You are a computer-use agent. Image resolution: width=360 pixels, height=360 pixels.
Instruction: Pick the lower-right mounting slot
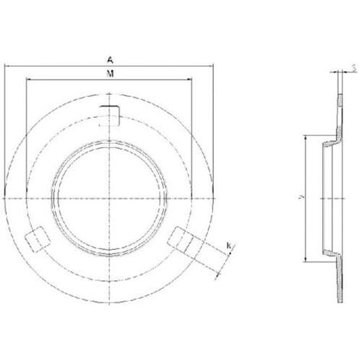(x=181, y=240)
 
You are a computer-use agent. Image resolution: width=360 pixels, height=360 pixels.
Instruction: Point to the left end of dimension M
(x=26, y=79)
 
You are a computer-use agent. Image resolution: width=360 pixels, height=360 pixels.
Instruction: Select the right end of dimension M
(x=192, y=79)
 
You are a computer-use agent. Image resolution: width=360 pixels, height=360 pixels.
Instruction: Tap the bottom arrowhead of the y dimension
(x=307, y=258)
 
